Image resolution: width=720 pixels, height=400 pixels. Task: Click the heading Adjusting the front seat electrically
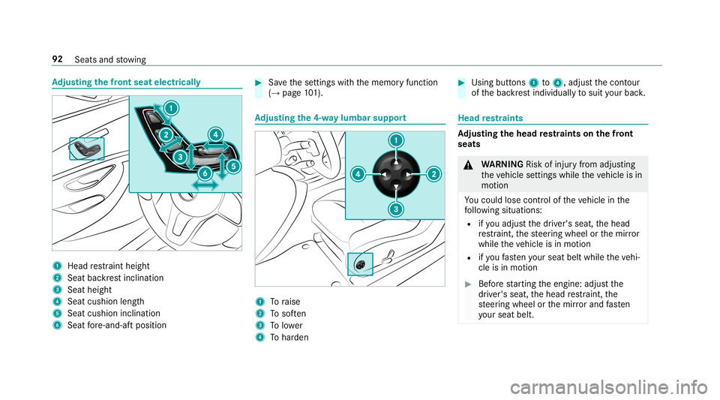(x=126, y=81)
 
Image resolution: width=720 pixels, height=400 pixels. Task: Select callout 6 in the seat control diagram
(x=203, y=173)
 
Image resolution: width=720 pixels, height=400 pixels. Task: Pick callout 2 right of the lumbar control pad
(x=433, y=174)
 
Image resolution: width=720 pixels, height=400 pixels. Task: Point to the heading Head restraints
(x=489, y=117)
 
